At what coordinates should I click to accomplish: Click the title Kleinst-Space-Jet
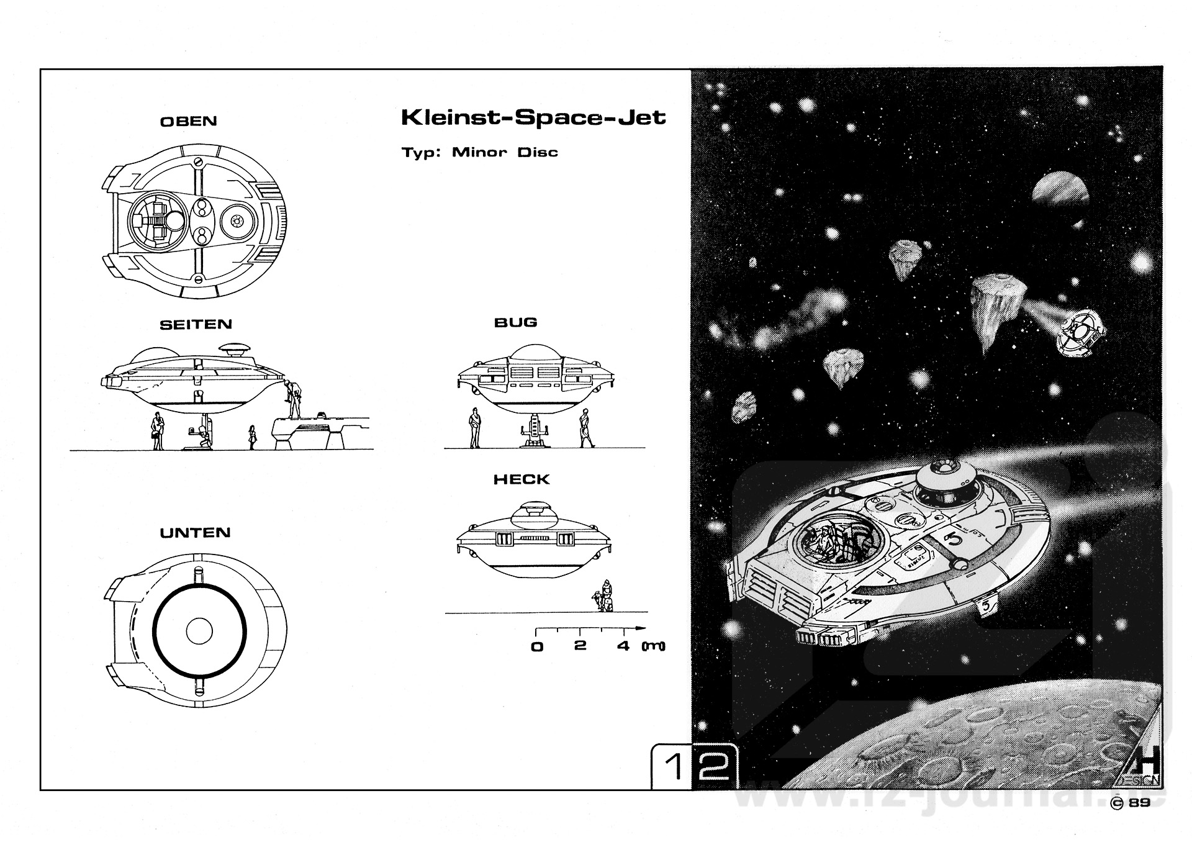[x=533, y=117]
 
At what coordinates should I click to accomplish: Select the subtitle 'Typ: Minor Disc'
[x=479, y=152]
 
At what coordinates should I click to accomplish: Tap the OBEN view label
[x=189, y=121]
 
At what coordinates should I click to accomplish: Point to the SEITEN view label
[x=196, y=324]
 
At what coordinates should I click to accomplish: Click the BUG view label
[x=515, y=322]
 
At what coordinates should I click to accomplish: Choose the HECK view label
[x=521, y=479]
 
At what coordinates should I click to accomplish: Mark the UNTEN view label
[x=195, y=533]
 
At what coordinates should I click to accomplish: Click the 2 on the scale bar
[x=580, y=645]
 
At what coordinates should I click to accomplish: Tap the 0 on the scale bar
[x=537, y=646]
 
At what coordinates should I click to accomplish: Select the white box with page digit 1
[x=672, y=767]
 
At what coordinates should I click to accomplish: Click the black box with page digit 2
[x=714, y=767]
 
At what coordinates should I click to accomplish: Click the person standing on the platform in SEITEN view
[x=294, y=399]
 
